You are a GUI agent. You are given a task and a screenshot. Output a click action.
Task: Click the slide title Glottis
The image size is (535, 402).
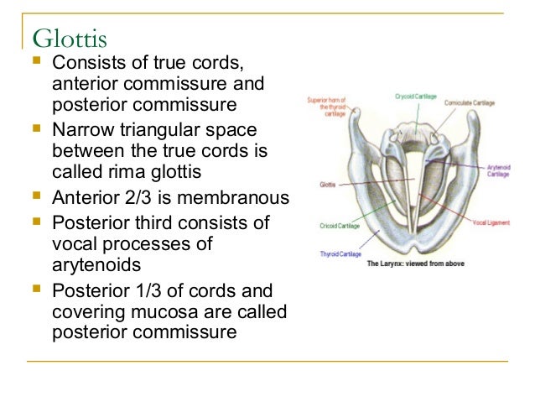tap(70, 38)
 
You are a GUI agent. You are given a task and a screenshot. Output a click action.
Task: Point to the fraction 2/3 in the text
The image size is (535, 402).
tap(139, 199)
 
